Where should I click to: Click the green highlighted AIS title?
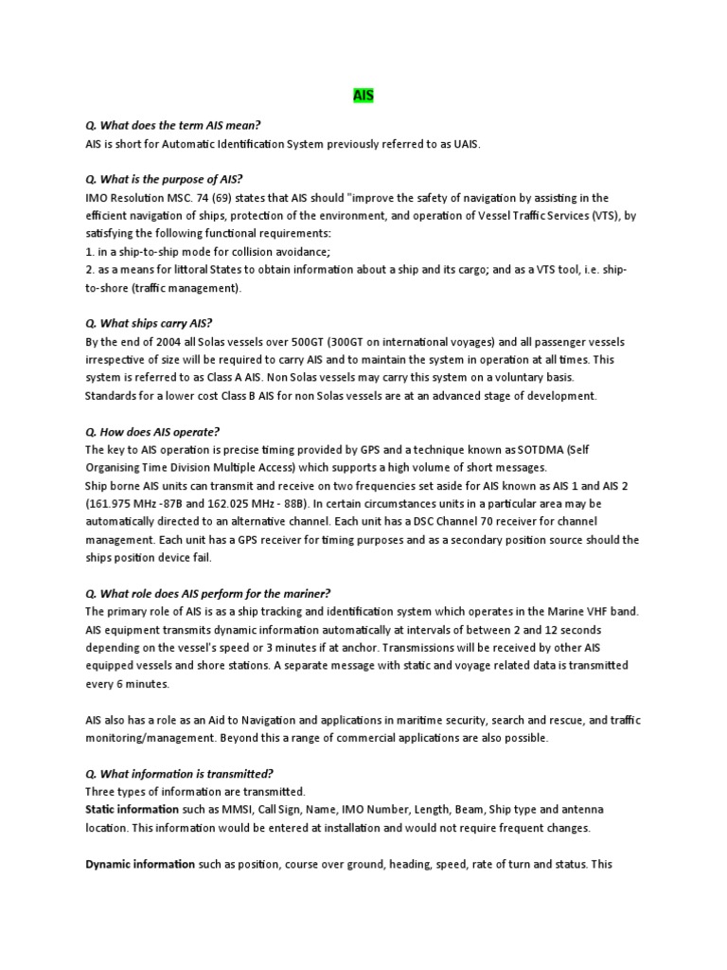coord(363,96)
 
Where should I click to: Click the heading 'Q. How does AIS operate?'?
coord(152,432)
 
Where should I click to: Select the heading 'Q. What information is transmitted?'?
coord(179,774)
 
